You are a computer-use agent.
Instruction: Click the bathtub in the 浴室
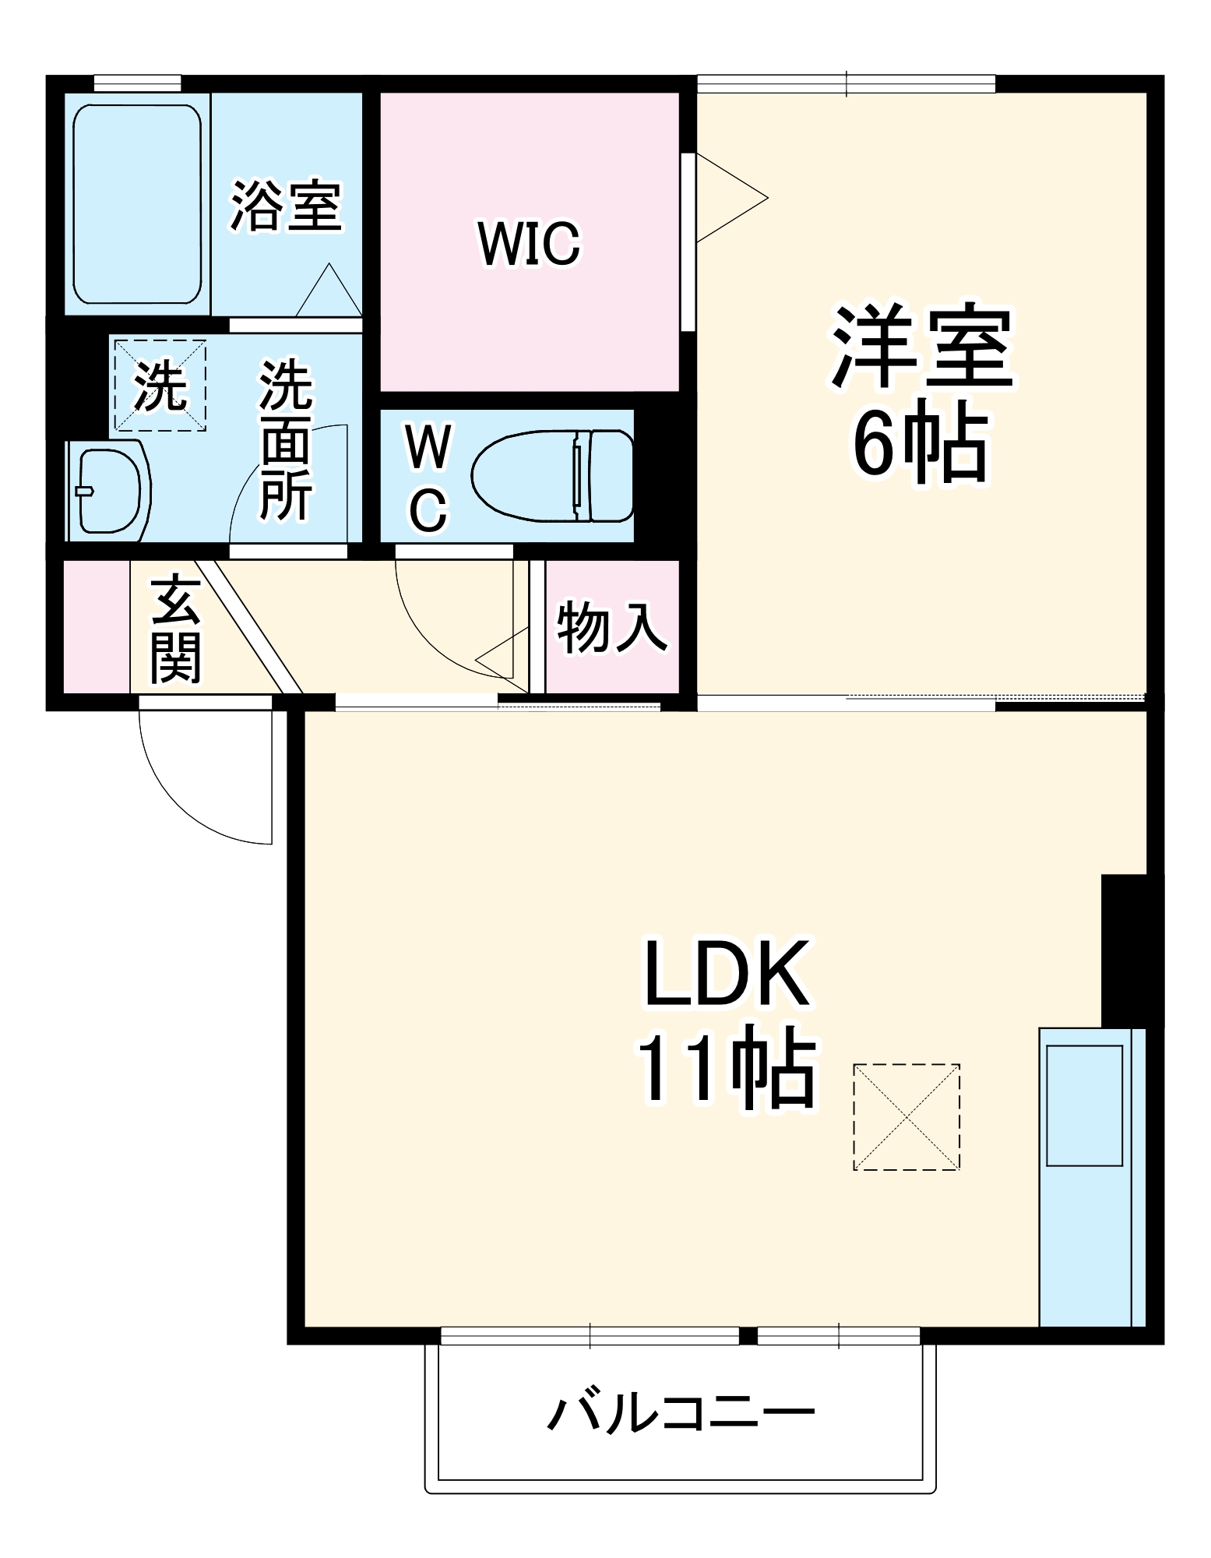tap(137, 204)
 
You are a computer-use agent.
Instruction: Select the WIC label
tap(529, 244)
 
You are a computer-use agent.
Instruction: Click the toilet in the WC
tap(554, 475)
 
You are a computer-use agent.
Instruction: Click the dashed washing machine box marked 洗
tap(160, 385)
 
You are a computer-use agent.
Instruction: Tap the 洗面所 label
tap(286, 439)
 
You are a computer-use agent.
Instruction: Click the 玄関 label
tap(175, 628)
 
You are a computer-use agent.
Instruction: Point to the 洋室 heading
tap(922, 346)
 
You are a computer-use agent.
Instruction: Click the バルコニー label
tap(681, 1412)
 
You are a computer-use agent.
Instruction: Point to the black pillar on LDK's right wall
tap(1131, 950)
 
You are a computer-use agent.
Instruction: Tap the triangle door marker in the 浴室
tap(329, 290)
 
